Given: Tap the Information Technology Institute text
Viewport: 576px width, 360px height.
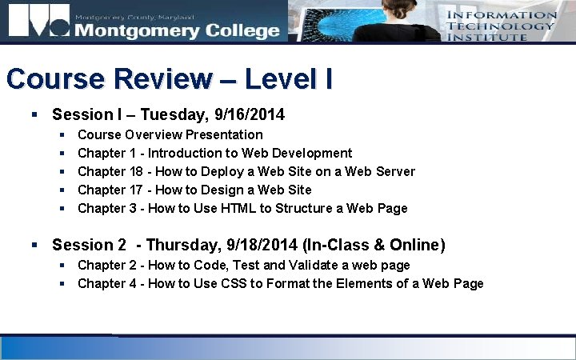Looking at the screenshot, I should (502, 26).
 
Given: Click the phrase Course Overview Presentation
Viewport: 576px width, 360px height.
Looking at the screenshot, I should (170, 134).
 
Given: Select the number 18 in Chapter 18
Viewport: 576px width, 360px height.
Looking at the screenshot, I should (138, 171).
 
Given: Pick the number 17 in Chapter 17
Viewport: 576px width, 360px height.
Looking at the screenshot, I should (138, 190).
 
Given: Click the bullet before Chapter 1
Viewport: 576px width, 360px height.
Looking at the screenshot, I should (62, 153).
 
